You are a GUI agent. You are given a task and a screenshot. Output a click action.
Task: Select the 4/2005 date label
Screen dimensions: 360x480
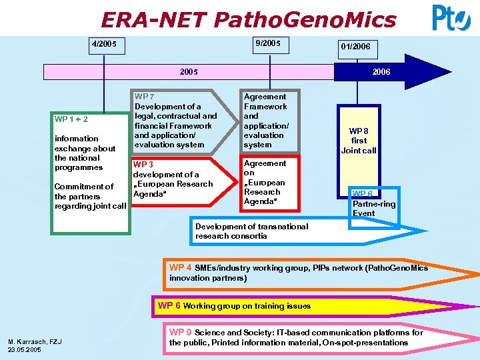[x=104, y=45]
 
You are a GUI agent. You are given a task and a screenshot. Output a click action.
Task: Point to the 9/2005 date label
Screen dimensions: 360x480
[x=268, y=44]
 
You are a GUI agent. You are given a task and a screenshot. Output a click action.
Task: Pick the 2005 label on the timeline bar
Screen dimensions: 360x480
[x=189, y=72]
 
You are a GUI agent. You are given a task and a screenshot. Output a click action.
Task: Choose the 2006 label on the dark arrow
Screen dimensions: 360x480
[x=381, y=72]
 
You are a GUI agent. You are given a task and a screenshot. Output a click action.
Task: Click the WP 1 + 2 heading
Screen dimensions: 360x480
[x=71, y=120]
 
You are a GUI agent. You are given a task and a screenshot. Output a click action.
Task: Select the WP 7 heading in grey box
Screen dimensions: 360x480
[x=146, y=97]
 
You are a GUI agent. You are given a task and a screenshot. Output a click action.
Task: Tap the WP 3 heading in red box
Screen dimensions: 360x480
[x=143, y=165]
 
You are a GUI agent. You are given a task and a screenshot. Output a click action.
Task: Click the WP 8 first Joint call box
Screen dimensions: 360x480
[x=359, y=141]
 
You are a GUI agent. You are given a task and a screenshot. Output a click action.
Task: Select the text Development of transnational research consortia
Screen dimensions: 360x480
[x=251, y=231]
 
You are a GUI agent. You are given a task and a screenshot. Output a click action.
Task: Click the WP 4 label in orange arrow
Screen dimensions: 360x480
[x=180, y=268]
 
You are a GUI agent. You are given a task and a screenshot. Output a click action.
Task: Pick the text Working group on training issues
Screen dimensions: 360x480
[x=247, y=306]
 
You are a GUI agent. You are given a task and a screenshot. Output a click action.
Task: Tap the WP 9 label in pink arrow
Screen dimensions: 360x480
[x=180, y=332]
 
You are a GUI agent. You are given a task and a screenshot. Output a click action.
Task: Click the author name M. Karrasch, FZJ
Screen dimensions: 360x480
[x=35, y=342]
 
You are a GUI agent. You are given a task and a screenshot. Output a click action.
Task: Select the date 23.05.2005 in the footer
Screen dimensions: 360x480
[x=25, y=349]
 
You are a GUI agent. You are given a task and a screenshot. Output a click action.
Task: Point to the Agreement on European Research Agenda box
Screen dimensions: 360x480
[x=265, y=182]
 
